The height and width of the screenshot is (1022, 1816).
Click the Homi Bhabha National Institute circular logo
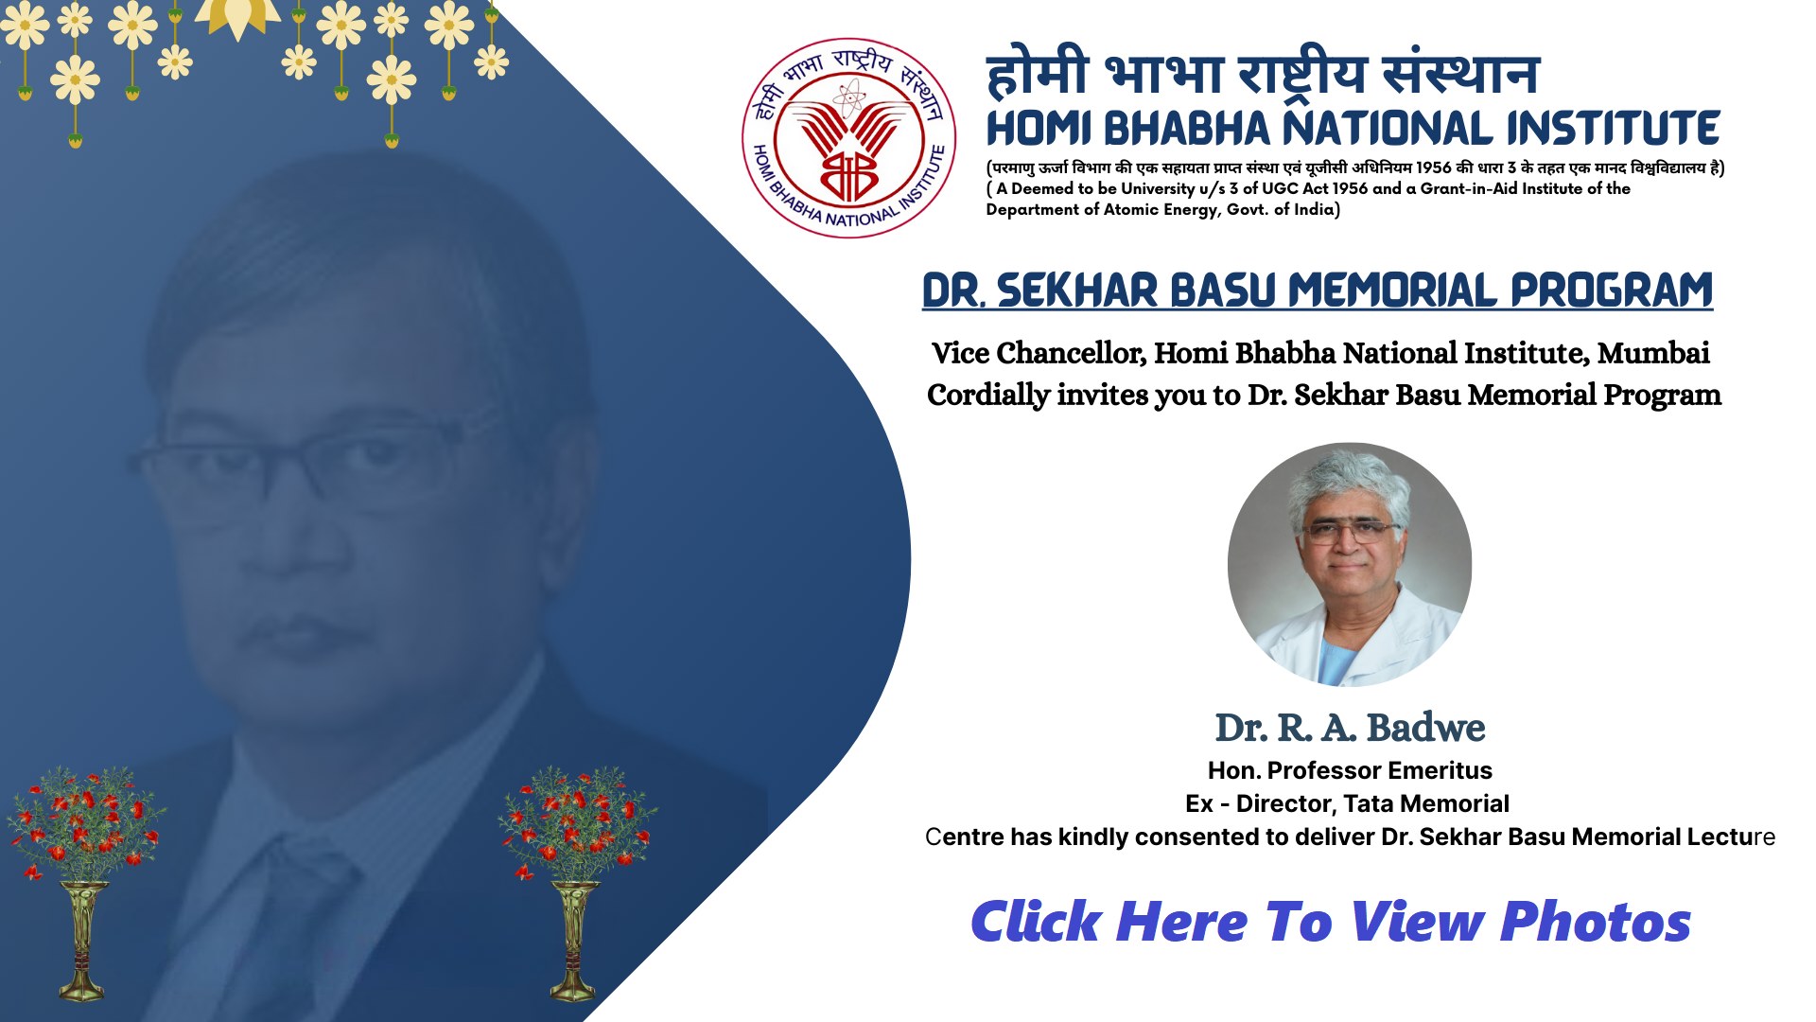coord(848,138)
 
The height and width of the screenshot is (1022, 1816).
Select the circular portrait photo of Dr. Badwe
coord(1350,564)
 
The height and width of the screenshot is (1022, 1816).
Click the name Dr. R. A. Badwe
coord(1350,728)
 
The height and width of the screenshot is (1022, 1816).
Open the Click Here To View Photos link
coord(1331,922)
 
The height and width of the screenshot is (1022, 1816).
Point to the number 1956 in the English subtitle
coord(1350,188)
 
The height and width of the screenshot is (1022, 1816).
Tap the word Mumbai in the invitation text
coord(1653,353)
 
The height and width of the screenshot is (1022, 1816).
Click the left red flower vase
coord(84,883)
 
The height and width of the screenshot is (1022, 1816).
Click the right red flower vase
coord(576,883)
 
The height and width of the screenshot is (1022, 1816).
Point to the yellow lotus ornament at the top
coord(236,19)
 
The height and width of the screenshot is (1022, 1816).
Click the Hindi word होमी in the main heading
coord(1038,73)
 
